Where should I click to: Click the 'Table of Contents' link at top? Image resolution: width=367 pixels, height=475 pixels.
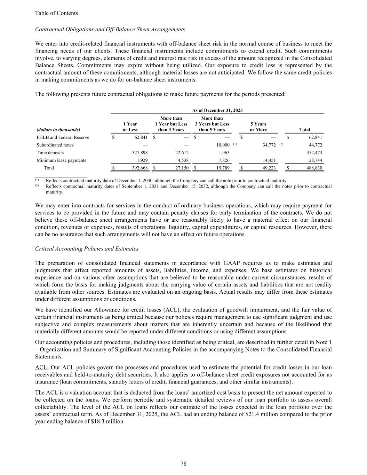(56, 13)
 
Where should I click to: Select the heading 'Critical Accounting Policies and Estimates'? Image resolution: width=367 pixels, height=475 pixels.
(87, 249)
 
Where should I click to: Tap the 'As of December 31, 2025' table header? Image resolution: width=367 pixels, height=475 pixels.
(217, 110)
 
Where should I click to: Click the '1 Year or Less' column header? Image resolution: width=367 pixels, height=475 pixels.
(130, 127)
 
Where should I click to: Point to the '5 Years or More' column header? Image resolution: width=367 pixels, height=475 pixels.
(258, 127)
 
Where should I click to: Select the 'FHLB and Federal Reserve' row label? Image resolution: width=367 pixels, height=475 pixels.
(63, 137)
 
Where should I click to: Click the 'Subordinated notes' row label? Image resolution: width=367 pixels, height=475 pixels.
(55, 145)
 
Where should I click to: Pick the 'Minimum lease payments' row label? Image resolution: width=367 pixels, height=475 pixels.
(61, 160)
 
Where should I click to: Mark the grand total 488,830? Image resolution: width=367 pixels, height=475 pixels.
(314, 168)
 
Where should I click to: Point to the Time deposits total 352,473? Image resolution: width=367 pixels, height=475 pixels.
(314, 153)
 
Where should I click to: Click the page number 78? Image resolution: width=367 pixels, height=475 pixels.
(184, 464)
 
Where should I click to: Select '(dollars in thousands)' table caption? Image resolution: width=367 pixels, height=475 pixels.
(58, 130)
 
